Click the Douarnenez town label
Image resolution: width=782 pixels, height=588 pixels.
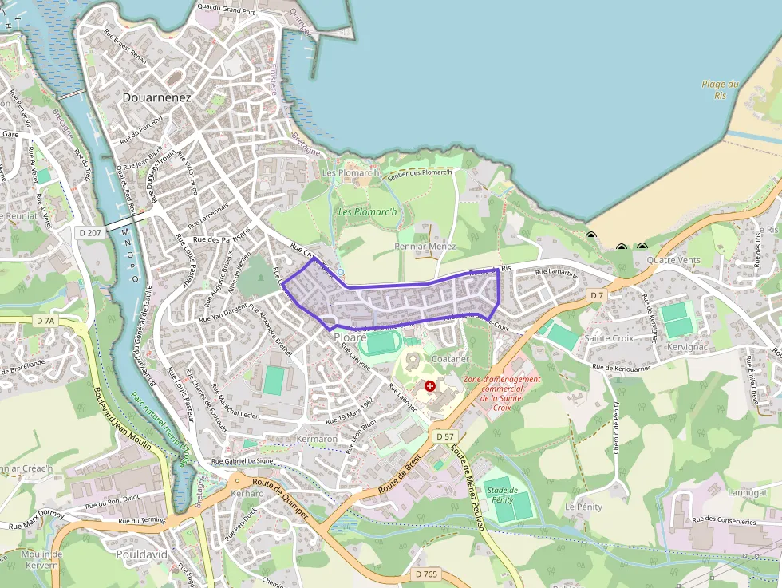(x=157, y=97)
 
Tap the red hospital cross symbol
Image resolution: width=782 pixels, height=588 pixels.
(x=431, y=386)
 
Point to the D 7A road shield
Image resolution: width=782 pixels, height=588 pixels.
(x=46, y=321)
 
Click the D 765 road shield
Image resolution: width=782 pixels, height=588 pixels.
(x=427, y=574)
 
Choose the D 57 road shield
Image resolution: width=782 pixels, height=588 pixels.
(x=444, y=437)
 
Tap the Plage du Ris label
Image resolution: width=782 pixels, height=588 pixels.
(x=721, y=89)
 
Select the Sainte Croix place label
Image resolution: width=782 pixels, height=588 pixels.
(x=609, y=338)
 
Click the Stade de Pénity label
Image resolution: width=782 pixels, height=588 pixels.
(x=502, y=495)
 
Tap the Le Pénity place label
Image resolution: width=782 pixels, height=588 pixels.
(x=583, y=507)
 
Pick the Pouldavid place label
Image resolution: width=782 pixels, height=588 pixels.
(x=140, y=553)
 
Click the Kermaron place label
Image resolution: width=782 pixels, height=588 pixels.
(x=317, y=440)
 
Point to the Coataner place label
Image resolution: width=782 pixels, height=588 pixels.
(x=448, y=359)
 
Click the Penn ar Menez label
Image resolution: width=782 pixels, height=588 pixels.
(x=425, y=247)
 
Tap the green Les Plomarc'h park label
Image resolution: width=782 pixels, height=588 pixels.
(x=367, y=211)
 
